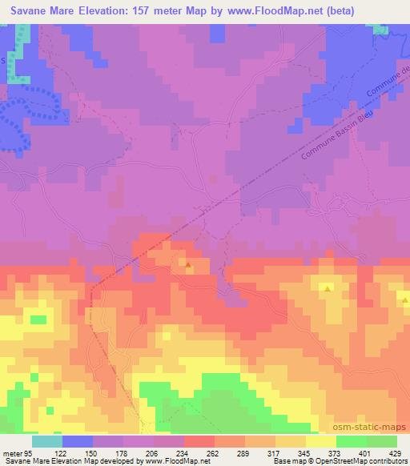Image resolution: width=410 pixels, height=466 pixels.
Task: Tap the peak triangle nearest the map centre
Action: (x=187, y=263)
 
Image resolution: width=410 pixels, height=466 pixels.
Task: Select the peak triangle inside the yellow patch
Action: (x=327, y=287)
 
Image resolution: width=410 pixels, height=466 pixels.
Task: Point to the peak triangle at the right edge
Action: (x=405, y=300)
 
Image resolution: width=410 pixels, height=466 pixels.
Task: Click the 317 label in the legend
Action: (x=276, y=452)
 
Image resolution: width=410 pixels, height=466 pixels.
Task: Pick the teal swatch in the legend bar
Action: (x=48, y=441)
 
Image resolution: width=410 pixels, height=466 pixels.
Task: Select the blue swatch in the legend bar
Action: (x=78, y=441)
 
